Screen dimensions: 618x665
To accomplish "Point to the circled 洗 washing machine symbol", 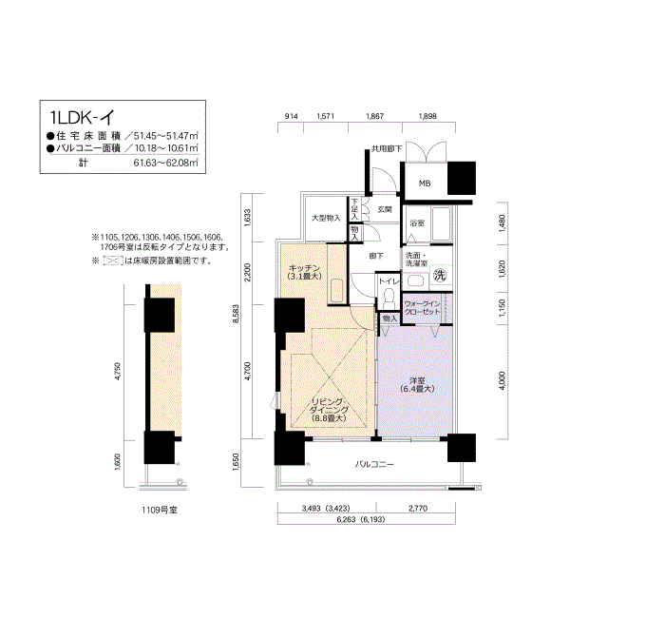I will click(440, 276).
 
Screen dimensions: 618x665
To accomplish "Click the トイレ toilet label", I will click(389, 281).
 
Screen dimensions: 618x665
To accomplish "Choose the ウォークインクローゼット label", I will click(423, 307).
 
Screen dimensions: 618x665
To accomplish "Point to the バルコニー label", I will click(375, 465).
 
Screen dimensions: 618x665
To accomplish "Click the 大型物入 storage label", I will click(326, 218).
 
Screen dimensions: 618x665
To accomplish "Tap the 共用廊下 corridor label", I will click(386, 148).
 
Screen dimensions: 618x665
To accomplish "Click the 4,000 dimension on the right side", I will click(502, 381).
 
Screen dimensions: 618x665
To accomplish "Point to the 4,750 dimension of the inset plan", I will click(118, 371).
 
